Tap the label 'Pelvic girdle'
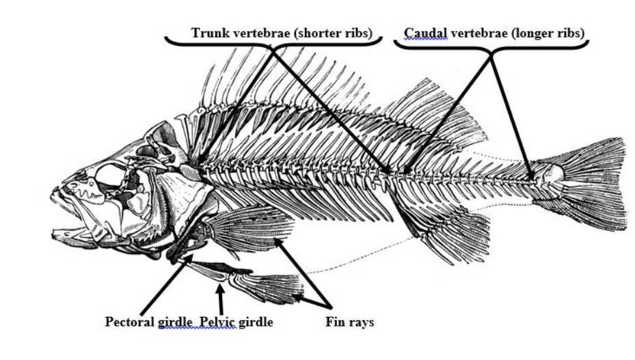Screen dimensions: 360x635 (235, 321)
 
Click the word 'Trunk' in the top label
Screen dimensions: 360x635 (207, 33)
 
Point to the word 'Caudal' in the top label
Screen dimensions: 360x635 (424, 32)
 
